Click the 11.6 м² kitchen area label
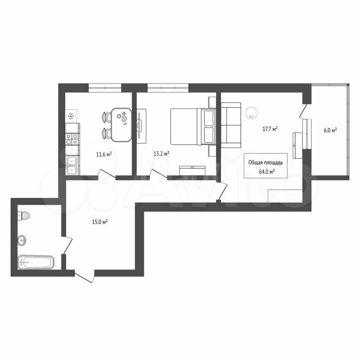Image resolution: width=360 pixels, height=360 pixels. [104, 154]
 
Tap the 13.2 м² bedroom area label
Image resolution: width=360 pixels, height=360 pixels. [161, 153]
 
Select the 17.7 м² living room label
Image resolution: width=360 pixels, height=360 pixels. [270, 129]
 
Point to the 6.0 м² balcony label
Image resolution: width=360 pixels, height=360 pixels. [330, 130]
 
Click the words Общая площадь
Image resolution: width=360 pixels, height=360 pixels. [265, 162]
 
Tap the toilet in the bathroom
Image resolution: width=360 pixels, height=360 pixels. [24, 215]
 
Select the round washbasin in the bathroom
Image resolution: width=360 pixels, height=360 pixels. [22, 240]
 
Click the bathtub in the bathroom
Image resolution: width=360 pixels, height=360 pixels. [36, 262]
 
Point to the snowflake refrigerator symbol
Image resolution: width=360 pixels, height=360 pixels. [71, 117]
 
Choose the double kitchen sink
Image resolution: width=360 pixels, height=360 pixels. [72, 165]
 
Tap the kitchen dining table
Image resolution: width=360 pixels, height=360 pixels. [121, 125]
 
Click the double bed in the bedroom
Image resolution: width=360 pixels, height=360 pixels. [193, 126]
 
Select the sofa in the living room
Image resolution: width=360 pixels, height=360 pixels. [231, 125]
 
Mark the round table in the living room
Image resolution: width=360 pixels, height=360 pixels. [252, 113]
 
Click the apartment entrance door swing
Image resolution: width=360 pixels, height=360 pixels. [84, 277]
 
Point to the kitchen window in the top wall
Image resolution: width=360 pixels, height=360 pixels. [105, 88]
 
